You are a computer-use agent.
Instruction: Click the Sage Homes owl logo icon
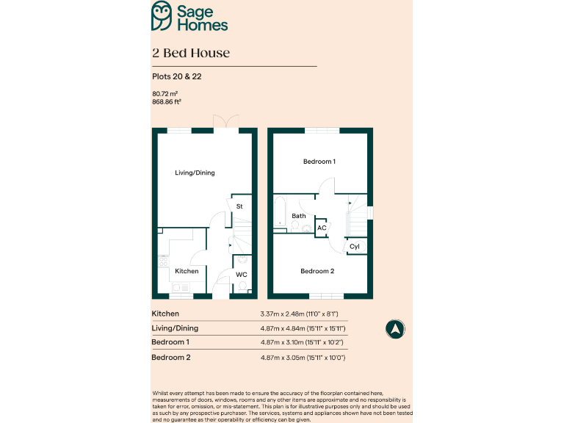162,15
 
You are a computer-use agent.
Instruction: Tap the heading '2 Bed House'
191,53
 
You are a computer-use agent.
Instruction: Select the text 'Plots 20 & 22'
176,76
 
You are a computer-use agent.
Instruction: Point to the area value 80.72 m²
165,93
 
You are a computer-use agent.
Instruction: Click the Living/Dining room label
195,173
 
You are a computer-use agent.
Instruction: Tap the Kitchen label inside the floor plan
187,271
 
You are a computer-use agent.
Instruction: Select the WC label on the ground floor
241,275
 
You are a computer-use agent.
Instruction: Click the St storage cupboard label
239,206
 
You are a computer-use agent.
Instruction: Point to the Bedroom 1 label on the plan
319,161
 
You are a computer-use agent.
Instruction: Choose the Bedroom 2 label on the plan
317,271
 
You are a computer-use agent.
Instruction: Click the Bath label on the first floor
299,216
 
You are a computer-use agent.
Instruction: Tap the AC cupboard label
322,228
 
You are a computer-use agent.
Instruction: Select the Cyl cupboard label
355,246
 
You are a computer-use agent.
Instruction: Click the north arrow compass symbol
395,330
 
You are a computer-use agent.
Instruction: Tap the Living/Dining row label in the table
175,328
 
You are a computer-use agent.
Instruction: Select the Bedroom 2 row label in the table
170,357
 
